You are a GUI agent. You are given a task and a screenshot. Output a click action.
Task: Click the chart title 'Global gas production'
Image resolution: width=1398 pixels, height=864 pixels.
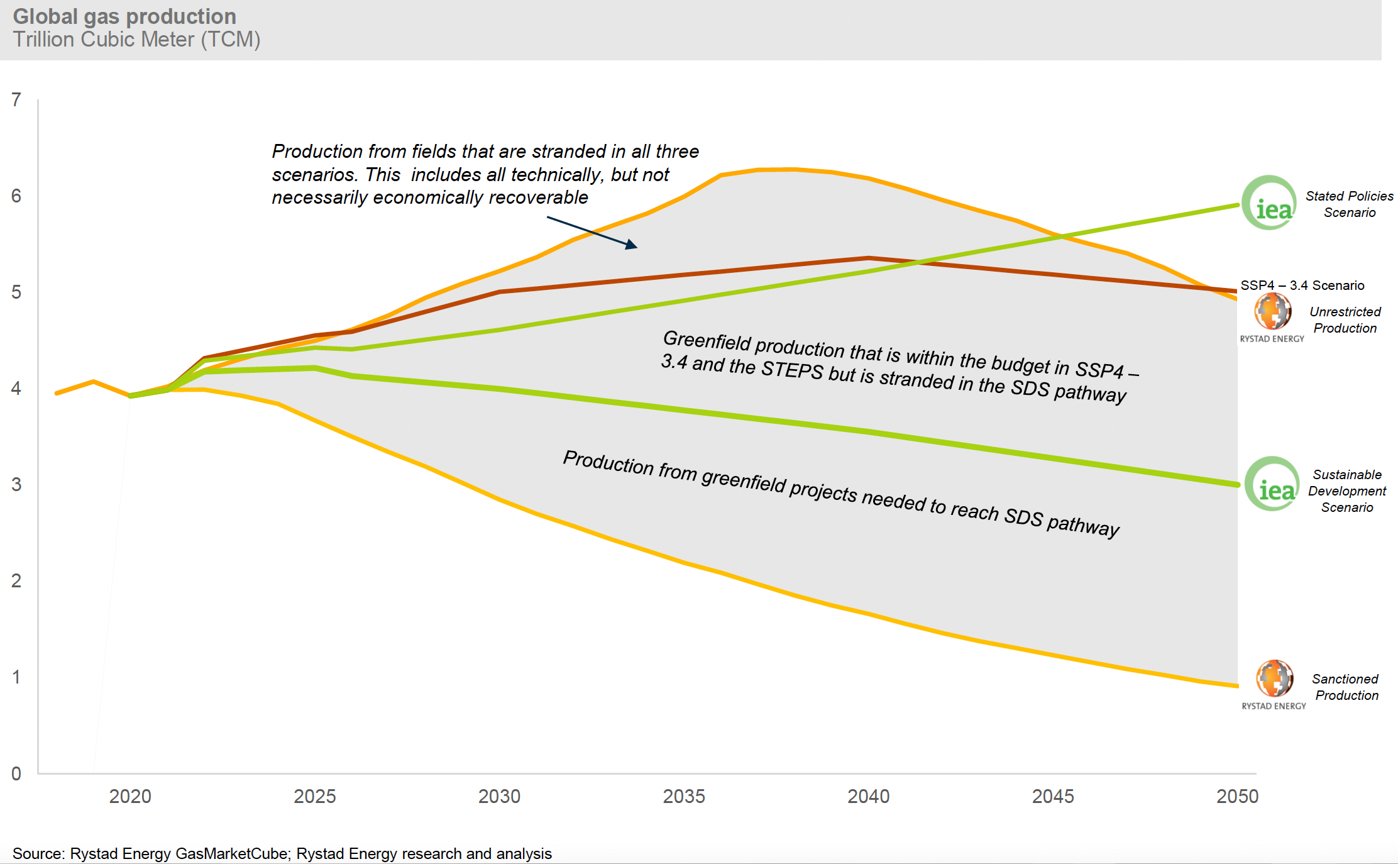coord(124,16)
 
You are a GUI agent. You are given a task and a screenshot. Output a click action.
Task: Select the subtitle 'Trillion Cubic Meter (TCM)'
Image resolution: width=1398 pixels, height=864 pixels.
coord(136,40)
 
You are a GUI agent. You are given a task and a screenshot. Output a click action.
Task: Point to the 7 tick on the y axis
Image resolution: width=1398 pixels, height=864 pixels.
coord(16,99)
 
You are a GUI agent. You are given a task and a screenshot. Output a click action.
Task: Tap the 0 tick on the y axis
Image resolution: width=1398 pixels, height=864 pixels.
coord(16,773)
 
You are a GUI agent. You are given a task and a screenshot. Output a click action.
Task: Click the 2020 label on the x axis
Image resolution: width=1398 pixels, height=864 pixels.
coord(130,796)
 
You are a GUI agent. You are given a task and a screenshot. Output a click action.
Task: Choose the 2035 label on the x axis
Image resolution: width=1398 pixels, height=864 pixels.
coord(684,796)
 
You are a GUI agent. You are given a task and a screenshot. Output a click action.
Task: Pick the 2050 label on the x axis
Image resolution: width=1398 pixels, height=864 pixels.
coord(1237,796)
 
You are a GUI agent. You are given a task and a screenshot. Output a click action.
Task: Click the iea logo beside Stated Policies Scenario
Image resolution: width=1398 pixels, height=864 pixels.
coord(1269,202)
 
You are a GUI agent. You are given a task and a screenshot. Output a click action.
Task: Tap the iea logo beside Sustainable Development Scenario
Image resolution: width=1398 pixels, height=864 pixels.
coord(1272,484)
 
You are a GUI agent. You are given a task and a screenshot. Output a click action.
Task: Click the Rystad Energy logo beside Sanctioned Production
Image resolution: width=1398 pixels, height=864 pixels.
coord(1275,678)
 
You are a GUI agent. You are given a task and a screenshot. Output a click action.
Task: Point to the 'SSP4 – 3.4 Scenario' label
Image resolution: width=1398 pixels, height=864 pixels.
coord(1302,285)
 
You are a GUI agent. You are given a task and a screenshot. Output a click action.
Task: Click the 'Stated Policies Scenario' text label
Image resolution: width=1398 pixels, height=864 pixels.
coord(1349,204)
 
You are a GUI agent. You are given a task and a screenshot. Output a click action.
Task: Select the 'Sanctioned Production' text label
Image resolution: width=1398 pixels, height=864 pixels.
coord(1346,687)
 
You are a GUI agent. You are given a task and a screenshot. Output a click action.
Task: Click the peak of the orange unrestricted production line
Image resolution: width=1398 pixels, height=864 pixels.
coord(776,169)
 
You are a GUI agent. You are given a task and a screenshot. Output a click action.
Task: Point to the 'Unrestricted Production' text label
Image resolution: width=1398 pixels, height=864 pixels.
coord(1345,320)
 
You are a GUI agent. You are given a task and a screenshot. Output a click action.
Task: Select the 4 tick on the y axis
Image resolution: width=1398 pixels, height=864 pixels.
coord(16,389)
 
